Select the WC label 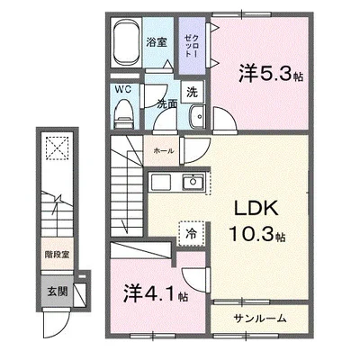click(123, 89)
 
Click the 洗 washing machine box click(192, 90)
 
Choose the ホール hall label click(164, 151)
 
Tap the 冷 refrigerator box click(191, 231)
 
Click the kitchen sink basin click(193, 183)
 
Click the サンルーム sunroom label click(261, 319)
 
